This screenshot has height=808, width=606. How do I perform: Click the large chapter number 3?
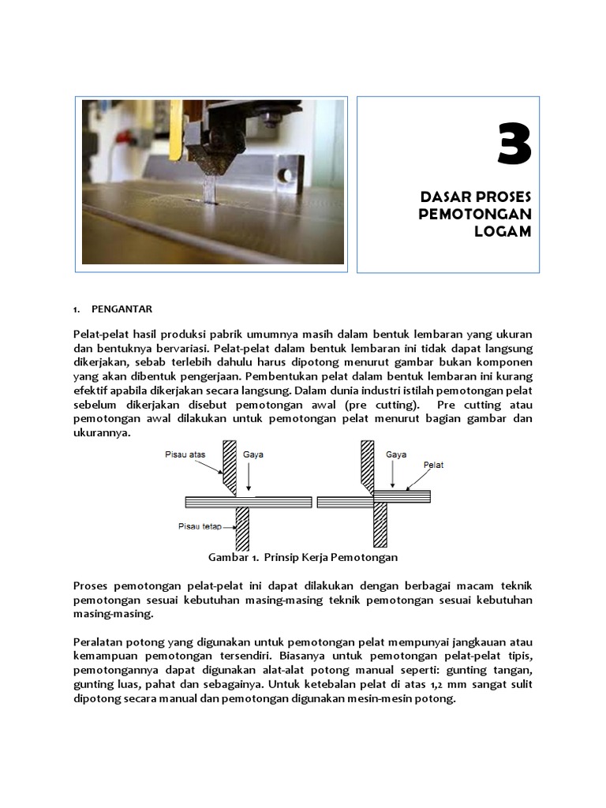[x=514, y=146]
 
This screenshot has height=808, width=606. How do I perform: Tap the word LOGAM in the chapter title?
[x=503, y=231]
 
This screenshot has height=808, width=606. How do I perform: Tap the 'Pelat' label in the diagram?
[x=433, y=465]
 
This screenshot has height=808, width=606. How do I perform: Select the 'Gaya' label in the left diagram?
[x=253, y=454]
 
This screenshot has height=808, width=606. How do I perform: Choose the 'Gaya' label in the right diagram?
[x=396, y=454]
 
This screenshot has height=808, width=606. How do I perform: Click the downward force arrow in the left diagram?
[x=249, y=477]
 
